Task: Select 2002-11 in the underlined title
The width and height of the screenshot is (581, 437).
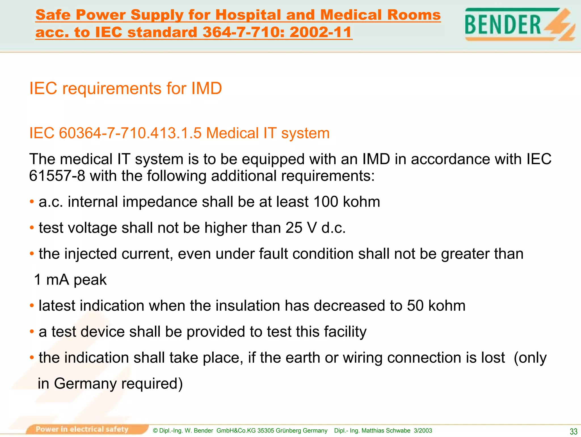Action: pos(321,32)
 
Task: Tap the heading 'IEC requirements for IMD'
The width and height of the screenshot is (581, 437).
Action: pos(125,88)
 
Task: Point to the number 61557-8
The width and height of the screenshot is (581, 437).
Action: pos(57,176)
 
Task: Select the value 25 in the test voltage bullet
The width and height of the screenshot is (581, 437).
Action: pos(294,228)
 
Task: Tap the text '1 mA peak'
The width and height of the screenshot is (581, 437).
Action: pos(70,280)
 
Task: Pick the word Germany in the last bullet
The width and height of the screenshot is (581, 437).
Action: pos(85,384)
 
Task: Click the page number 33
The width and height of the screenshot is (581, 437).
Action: pos(573,432)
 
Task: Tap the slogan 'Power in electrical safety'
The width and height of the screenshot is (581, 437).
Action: pos(82,429)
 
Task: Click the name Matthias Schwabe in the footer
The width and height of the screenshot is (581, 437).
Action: pos(386,430)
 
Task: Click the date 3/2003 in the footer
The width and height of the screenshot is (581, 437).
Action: pos(423,430)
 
